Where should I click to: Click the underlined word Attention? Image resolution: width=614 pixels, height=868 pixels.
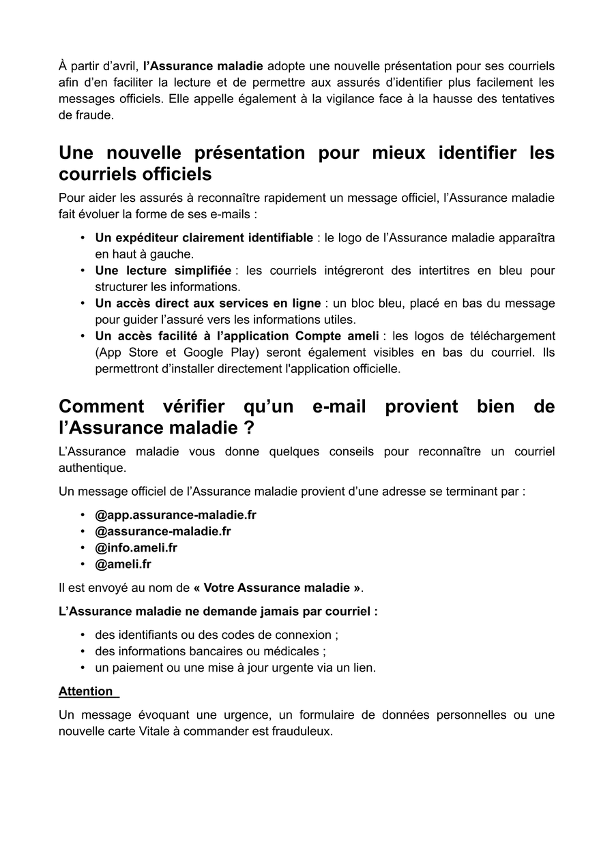(86, 691)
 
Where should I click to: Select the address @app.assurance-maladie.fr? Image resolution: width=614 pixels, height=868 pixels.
(175, 515)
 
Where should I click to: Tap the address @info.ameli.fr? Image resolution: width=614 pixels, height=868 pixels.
(136, 548)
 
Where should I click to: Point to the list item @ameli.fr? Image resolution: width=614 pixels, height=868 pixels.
(123, 564)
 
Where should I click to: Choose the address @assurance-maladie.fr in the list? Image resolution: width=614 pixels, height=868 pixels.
(162, 531)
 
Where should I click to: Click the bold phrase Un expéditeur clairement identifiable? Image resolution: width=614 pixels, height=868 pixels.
(204, 238)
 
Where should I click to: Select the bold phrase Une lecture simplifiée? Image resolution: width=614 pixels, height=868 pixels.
(163, 271)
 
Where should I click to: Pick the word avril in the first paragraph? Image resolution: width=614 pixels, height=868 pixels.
(123, 66)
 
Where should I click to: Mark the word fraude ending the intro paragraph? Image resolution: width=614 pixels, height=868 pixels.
(93, 115)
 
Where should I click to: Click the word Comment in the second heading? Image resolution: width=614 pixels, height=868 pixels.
(101, 406)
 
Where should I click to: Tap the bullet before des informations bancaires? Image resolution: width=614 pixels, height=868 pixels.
(83, 651)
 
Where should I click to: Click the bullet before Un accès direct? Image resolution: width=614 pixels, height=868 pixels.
(83, 303)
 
